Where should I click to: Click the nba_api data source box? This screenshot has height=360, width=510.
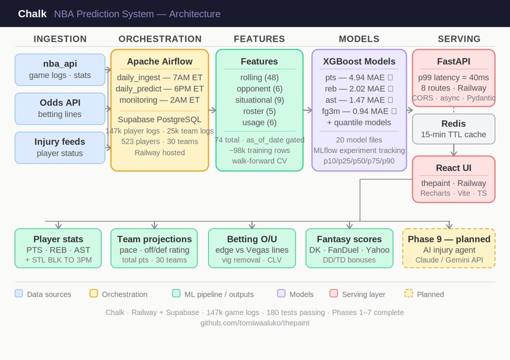tap(60, 70)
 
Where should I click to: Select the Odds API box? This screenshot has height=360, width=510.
tap(60, 108)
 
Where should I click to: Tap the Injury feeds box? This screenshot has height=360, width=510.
tap(60, 147)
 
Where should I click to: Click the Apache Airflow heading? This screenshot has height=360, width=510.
tap(159, 61)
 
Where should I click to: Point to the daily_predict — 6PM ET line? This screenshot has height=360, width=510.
tap(159, 89)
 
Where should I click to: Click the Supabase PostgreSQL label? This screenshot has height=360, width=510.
tap(159, 119)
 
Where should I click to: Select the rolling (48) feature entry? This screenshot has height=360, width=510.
tap(259, 77)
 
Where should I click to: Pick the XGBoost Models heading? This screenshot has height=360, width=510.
tap(359, 61)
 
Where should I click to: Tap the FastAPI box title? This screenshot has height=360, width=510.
tap(453, 61)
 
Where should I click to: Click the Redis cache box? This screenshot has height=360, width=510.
tap(453, 128)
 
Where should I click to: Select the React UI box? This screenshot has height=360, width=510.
tap(453, 179)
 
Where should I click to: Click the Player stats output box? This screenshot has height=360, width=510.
tap(58, 249)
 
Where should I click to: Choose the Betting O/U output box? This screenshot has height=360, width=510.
tap(252, 249)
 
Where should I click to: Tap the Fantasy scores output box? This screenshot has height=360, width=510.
tap(349, 249)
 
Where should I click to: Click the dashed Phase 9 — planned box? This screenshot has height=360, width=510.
tap(449, 249)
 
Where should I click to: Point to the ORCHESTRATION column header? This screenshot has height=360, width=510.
tap(160, 39)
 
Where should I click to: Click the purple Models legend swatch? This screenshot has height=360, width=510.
tap(281, 294)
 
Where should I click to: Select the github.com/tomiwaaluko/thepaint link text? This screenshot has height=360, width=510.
tap(255, 323)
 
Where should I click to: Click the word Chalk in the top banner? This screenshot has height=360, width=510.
tap(32, 14)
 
